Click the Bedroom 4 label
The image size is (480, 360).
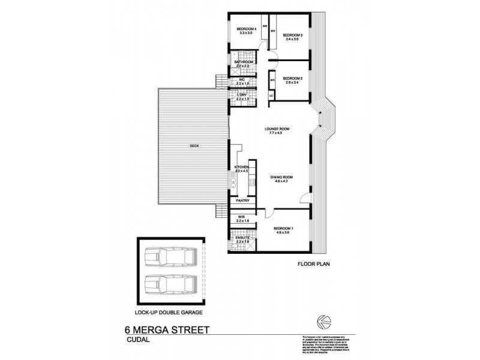coord(246,29)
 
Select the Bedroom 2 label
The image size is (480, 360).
coord(292,78)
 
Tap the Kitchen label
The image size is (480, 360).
coord(242,166)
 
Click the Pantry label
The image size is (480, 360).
coord(242,200)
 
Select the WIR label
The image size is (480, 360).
coord(241,218)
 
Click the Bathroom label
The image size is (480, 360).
coord(244,62)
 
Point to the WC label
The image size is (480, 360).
coord(242,79)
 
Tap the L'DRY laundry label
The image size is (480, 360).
coord(243,96)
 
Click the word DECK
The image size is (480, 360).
coord(194,146)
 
